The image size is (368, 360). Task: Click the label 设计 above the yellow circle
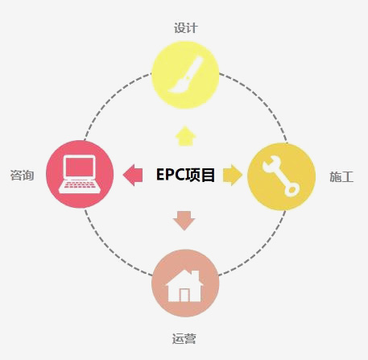coord(186,28)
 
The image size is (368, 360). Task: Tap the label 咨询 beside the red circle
coord(22,175)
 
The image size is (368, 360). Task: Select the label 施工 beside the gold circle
coord(341,177)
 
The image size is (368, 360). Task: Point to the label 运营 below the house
coord(184,338)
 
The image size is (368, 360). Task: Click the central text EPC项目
coord(185,175)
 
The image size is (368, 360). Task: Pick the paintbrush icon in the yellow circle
coord(186,74)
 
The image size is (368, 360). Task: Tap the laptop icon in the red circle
coord(80,174)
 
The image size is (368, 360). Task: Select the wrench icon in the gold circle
coord(280,176)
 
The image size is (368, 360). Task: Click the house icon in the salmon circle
coord(184,286)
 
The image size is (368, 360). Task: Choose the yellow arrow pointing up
coord(186,136)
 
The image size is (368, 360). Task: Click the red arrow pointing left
coord(133,175)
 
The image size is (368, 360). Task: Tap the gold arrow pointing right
coord(233,175)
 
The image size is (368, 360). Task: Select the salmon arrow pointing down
coord(184,221)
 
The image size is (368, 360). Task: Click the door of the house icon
coord(184,295)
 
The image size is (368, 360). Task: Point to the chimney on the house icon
coord(196,275)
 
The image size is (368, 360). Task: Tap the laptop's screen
coord(80,167)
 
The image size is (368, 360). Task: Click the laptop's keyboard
coord(80,185)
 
